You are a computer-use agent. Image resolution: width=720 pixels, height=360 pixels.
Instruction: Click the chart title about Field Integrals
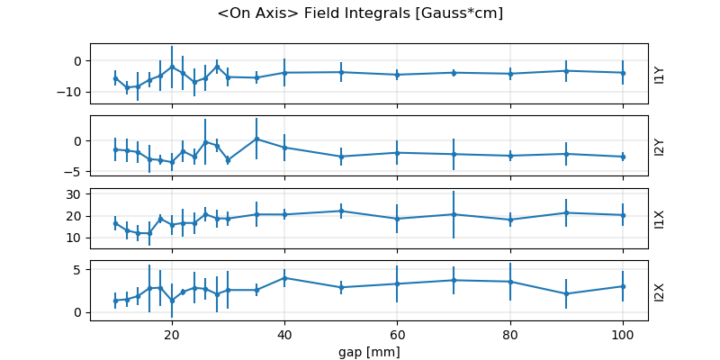coord(360,13)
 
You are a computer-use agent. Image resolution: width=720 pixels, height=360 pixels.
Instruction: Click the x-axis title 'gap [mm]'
coord(369,351)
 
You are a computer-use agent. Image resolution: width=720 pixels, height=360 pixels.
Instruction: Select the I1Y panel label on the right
coord(660,74)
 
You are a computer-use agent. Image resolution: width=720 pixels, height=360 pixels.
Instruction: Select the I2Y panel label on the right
coord(660,146)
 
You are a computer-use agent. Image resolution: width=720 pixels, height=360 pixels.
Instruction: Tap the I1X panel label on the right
coord(660,218)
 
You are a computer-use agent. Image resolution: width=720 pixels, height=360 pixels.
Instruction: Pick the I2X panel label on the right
coord(660,291)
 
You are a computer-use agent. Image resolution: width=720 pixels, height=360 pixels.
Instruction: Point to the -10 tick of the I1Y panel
coord(72,92)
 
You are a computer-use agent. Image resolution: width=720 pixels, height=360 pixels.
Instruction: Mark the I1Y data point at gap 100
coord(623,73)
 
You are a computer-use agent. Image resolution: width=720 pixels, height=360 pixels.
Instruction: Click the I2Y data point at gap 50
coord(341,157)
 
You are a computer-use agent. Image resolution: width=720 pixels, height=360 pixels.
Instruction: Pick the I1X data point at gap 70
coord(454,214)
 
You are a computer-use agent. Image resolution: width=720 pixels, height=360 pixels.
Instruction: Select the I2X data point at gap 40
coord(284,278)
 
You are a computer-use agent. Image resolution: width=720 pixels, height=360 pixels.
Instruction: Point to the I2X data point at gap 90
coord(566,293)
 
